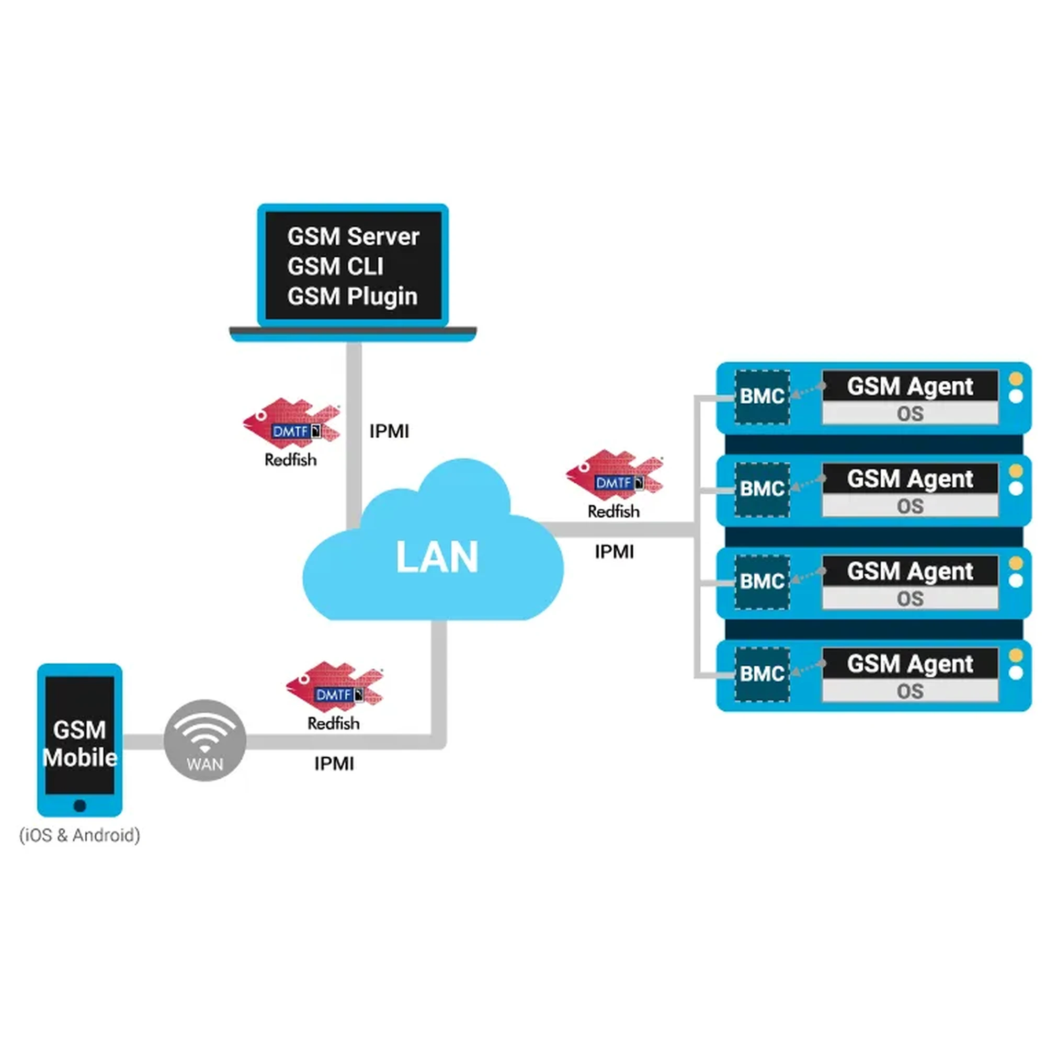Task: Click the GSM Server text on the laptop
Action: pyautogui.click(x=353, y=236)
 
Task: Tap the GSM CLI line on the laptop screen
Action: pyautogui.click(x=335, y=266)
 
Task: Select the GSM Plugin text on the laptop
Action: pyautogui.click(x=353, y=296)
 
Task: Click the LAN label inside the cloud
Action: pyautogui.click(x=437, y=557)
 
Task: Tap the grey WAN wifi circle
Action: pyautogui.click(x=204, y=740)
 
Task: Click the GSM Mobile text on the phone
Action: pyautogui.click(x=79, y=743)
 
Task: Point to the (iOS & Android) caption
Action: pyautogui.click(x=79, y=835)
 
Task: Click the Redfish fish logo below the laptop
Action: pyautogui.click(x=291, y=424)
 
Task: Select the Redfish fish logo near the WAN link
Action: pyautogui.click(x=334, y=687)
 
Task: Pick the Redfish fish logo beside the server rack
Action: pyautogui.click(x=614, y=475)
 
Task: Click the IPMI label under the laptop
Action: pyautogui.click(x=389, y=431)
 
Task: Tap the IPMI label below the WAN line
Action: pyautogui.click(x=334, y=764)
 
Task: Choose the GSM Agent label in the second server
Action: pyautogui.click(x=909, y=479)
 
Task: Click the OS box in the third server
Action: pyautogui.click(x=909, y=599)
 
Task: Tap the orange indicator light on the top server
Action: pyautogui.click(x=1016, y=379)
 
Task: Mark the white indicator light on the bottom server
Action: pyautogui.click(x=1016, y=673)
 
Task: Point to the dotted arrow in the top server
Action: pyautogui.click(x=807, y=390)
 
